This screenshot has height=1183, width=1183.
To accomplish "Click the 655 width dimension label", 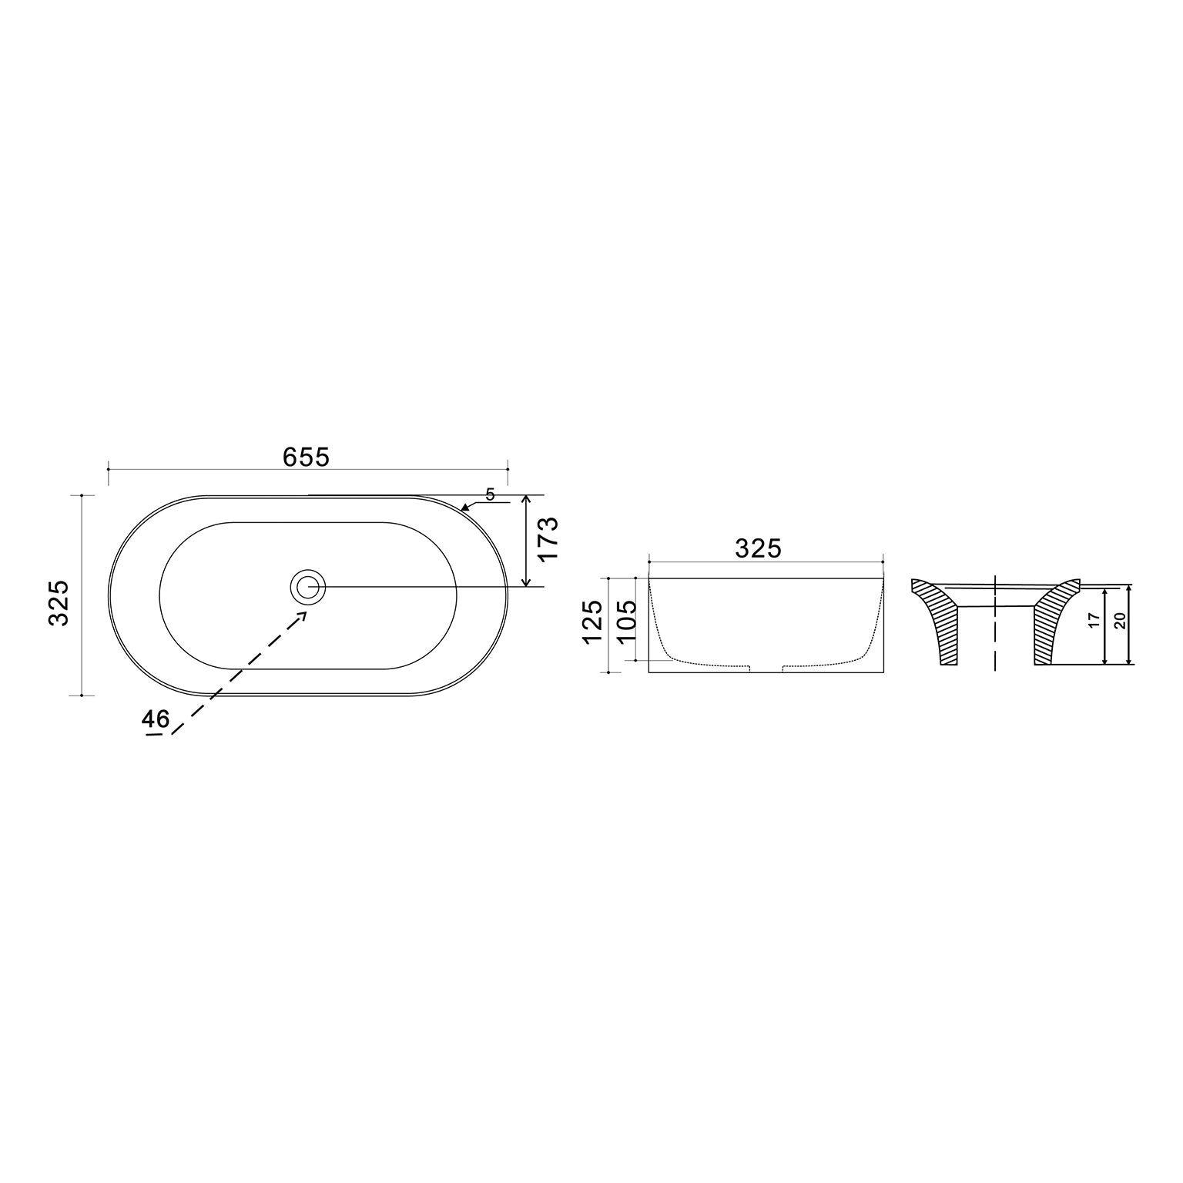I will coord(306,457).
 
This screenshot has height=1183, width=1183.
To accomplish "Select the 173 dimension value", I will coord(548,540).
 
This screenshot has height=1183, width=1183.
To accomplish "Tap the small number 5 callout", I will coord(491,494).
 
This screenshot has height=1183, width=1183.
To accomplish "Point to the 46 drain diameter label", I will coord(156,719).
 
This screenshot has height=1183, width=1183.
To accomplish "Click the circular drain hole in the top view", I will coord(309,587).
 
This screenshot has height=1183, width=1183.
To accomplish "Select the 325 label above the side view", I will coord(758,548).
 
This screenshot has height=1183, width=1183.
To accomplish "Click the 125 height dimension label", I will coord(593,623).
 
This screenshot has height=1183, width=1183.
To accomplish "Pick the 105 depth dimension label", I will coord(626,623).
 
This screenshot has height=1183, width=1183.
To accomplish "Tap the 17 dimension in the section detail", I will coord(1094,622).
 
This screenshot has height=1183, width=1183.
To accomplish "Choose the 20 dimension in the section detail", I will coord(1121,621).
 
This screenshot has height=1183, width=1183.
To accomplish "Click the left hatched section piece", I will coord(940,620).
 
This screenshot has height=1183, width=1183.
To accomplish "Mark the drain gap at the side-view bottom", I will coord(766,667).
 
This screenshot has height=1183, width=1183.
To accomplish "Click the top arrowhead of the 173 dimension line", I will coord(526,500).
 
